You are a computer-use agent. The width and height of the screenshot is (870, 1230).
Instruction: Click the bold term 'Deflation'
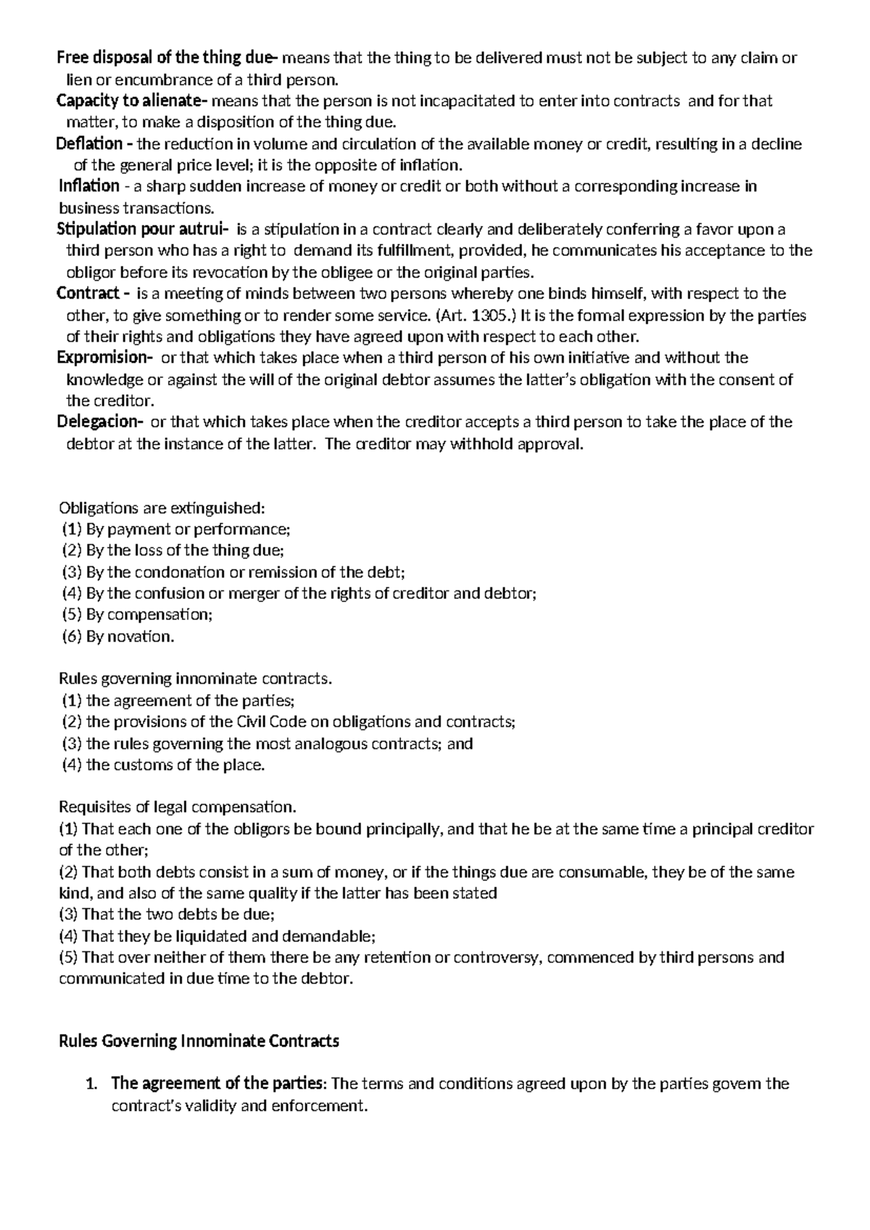pyautogui.click(x=89, y=144)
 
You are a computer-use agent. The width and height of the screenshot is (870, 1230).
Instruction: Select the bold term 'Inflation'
pyautogui.click(x=88, y=186)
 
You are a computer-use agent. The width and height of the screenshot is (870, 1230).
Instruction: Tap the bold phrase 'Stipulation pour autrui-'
pyautogui.click(x=142, y=230)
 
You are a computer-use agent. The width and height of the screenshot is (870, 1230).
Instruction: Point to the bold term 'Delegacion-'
pyautogui.click(x=100, y=422)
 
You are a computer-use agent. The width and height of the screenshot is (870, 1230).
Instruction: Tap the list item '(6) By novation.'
pyautogui.click(x=118, y=637)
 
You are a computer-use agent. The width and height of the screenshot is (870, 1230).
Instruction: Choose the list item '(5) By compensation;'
pyautogui.click(x=137, y=615)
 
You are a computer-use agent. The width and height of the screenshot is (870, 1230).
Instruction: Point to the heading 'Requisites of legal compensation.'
pyautogui.click(x=178, y=807)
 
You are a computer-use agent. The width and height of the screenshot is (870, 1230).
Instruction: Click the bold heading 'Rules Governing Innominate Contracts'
pyautogui.click(x=198, y=1041)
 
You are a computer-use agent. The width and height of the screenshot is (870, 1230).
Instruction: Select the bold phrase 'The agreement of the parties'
pyautogui.click(x=217, y=1084)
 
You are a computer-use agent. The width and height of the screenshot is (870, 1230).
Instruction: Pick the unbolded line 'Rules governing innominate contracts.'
pyautogui.click(x=194, y=679)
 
